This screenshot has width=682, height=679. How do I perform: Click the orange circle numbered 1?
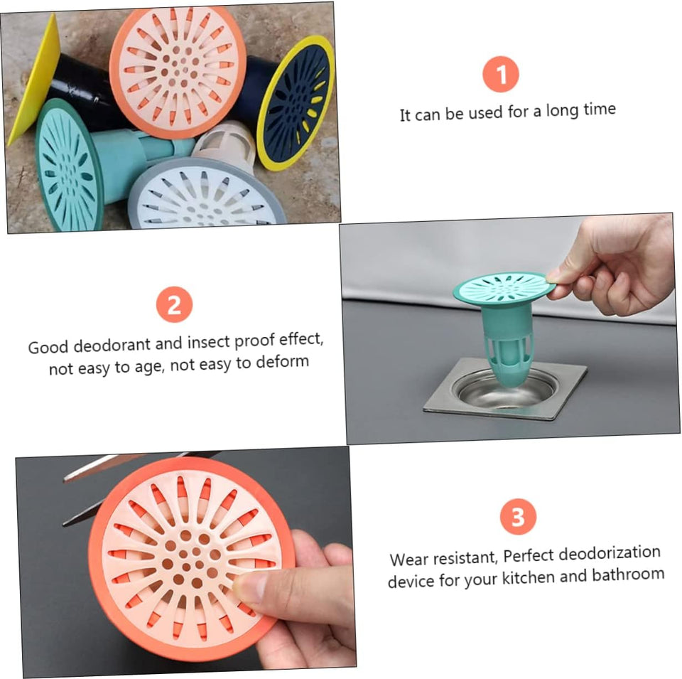click(501, 74)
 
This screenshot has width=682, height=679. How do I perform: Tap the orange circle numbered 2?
click(174, 304)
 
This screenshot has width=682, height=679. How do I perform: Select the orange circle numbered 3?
click(518, 517)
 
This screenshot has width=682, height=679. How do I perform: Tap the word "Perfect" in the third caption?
click(528, 556)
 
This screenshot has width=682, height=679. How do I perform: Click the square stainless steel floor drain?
click(505, 390)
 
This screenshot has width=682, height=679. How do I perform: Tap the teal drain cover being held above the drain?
click(504, 288)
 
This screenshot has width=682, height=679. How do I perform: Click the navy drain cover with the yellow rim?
click(296, 102)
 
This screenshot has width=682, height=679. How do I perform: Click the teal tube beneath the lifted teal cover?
click(507, 344)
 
